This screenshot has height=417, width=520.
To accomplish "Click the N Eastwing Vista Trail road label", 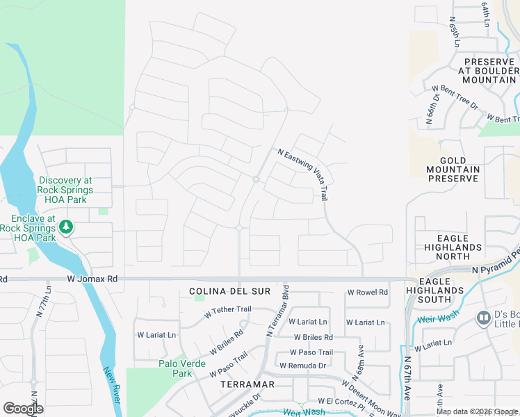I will pyautogui.click(x=303, y=174).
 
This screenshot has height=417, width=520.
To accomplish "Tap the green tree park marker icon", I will pyautogui.click(x=66, y=227).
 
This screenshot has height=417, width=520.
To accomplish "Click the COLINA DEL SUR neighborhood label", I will pyautogui.click(x=229, y=291).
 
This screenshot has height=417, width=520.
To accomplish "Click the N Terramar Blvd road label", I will pyautogui.click(x=277, y=310).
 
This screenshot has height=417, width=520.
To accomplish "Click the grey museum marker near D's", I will pyautogui.click(x=483, y=318).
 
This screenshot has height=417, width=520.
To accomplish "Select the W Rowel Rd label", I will pyautogui.click(x=367, y=293).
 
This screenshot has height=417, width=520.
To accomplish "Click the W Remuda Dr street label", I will pyautogui.click(x=302, y=366).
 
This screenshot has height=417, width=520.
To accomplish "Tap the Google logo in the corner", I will pyautogui.click(x=23, y=409).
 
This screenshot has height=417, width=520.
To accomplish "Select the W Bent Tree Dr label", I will pyautogui.click(x=455, y=97).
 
